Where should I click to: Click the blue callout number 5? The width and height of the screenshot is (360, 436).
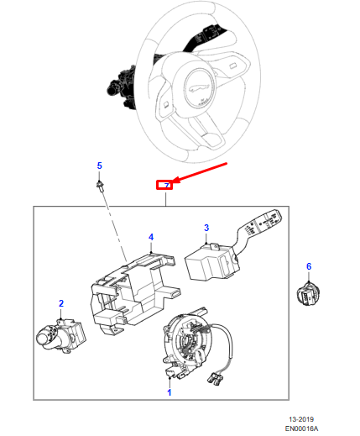[x=100, y=165]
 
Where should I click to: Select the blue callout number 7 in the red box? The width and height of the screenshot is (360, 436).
[x=167, y=186]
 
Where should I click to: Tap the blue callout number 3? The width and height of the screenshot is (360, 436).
[x=206, y=228]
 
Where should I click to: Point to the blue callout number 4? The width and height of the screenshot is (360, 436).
[x=151, y=237]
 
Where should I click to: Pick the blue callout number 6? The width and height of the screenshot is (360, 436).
[x=309, y=266]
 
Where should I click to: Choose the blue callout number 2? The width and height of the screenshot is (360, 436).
[x=61, y=303]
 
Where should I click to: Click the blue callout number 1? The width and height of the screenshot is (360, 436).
[x=170, y=392]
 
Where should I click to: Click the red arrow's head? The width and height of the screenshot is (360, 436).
[x=175, y=181]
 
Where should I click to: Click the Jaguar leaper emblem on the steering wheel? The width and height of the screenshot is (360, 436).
[x=199, y=88]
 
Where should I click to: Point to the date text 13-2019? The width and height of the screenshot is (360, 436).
[x=301, y=419]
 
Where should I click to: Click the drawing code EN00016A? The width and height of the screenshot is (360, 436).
[x=301, y=428]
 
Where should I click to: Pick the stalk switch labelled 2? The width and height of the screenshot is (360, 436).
[x=61, y=336]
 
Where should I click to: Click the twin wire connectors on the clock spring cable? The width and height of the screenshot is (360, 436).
[x=215, y=378]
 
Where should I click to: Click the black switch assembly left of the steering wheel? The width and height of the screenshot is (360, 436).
[x=123, y=87]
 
